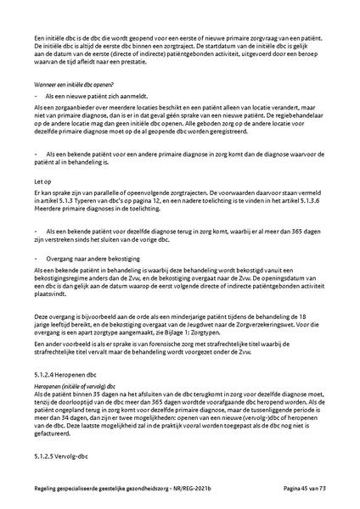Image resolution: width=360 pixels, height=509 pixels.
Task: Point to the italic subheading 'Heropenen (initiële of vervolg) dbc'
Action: click(76, 385)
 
